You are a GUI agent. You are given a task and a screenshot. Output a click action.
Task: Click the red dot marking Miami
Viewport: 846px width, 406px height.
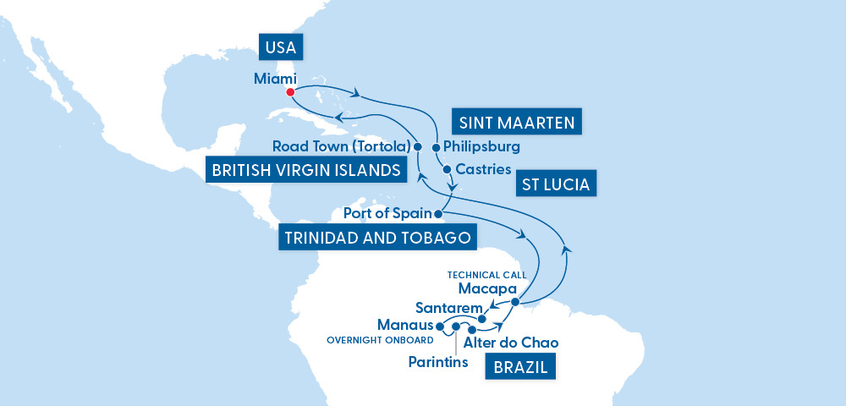pos(290,92)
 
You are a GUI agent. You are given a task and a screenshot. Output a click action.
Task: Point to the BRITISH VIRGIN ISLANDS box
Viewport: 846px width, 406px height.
pos(306,170)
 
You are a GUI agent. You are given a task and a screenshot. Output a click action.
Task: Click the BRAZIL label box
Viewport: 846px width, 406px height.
pos(515,367)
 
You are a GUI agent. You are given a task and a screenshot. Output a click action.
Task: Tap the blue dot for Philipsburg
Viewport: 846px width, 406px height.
pos(437,146)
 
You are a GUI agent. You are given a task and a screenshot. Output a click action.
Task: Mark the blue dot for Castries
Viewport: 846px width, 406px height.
pos(447,168)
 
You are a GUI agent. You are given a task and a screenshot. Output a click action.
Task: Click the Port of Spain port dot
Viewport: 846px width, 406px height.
pos(438,213)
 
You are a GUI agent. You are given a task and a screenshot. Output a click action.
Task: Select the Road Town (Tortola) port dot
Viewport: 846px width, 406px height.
pos(417,146)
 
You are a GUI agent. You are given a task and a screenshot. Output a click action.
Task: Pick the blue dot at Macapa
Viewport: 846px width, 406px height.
pos(514,302)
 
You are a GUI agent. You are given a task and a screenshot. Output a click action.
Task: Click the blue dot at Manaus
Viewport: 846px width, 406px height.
pos(440,325)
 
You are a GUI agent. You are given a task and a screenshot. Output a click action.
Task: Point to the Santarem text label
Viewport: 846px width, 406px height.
pos(448,306)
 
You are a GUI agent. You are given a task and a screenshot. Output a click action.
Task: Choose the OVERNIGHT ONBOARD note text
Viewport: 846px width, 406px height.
pos(379,340)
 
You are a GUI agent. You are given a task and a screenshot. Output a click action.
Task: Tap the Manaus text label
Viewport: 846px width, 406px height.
pos(404,325)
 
